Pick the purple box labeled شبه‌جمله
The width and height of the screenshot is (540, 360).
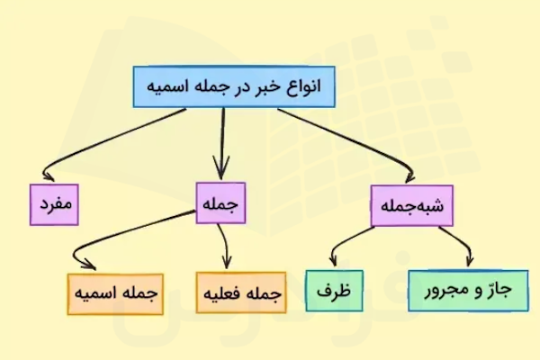point(410,205)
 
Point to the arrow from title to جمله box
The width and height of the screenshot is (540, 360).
point(220,144)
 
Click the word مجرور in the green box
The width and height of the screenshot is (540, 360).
point(447,291)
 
